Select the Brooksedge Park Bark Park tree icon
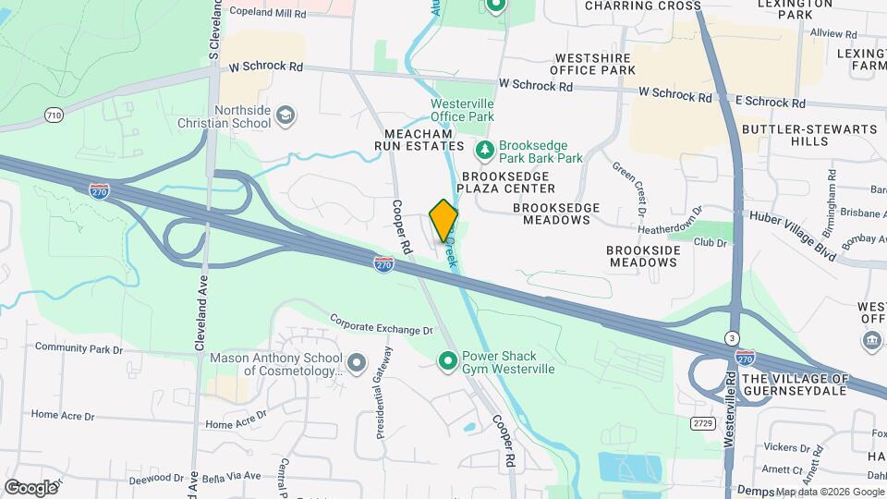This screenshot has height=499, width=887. pos(482,150)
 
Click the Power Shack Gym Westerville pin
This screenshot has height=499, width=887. pos(448,360)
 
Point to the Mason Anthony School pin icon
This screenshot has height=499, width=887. pos(356,360)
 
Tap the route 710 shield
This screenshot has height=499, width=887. pos(54,115)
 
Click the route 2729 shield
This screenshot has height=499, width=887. pos(703,422)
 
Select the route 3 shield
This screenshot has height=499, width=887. pos(732,337)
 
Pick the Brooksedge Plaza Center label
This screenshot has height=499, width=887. pos(508,182)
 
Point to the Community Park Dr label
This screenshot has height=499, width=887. pos(79,348)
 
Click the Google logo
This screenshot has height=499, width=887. pos(30,487)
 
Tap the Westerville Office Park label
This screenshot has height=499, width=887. pos(462,110)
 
